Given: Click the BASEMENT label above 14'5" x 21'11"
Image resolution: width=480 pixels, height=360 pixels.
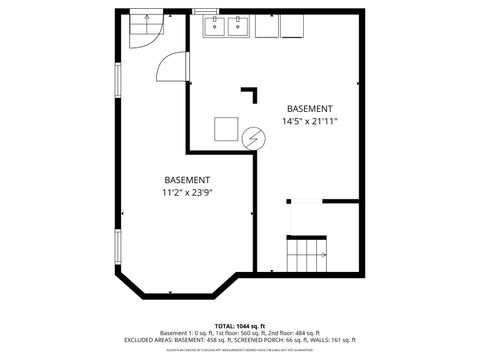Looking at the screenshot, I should coord(309,108).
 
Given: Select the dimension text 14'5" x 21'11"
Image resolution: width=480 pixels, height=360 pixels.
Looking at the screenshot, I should coord(309,121).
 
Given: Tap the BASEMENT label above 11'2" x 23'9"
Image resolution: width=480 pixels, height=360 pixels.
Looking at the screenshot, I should coord(186,179).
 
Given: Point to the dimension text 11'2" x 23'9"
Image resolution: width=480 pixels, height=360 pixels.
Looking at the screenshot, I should coord(186,192).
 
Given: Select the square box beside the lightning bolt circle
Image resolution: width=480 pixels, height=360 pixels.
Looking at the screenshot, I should coord(226,131).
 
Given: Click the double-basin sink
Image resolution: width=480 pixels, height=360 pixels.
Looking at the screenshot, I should coord(227,27).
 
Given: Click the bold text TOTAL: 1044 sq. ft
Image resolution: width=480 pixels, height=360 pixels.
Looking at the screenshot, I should coord(240,326).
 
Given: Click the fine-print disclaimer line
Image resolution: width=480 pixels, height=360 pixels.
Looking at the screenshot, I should coord(240,349).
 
